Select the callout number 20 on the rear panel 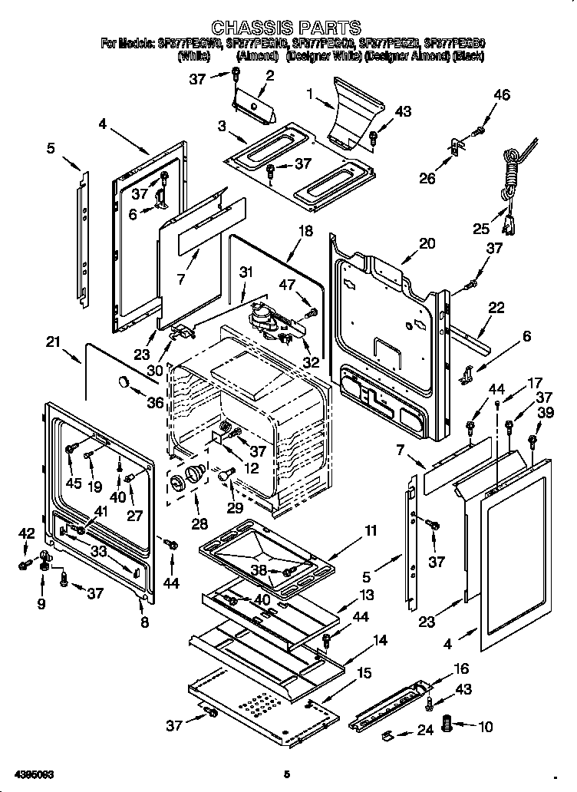[427, 243]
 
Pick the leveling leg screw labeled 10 [451, 723]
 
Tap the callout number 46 [502, 95]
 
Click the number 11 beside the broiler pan [371, 530]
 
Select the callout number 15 [364, 673]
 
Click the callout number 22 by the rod [496, 308]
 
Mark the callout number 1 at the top [309, 94]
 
